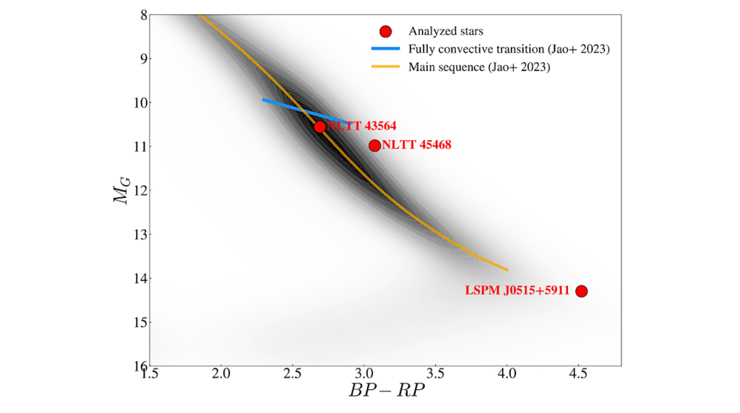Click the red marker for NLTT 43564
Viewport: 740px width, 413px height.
click(x=320, y=126)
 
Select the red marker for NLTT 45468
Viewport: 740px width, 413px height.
click(x=374, y=145)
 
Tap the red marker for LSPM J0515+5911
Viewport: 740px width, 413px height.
click(x=581, y=290)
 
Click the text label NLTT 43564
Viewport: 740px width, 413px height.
click(x=361, y=126)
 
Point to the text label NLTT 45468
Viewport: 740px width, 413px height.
click(x=416, y=145)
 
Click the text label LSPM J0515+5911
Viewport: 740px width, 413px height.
click(x=515, y=291)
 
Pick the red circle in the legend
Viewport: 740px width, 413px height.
click(x=385, y=31)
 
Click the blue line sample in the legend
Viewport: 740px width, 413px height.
click(x=385, y=49)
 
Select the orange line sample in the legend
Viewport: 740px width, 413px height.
click(x=385, y=66)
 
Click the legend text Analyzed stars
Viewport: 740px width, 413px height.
click(x=446, y=31)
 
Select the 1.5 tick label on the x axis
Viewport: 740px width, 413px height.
click(x=150, y=375)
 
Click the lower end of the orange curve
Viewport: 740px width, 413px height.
click(x=507, y=269)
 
